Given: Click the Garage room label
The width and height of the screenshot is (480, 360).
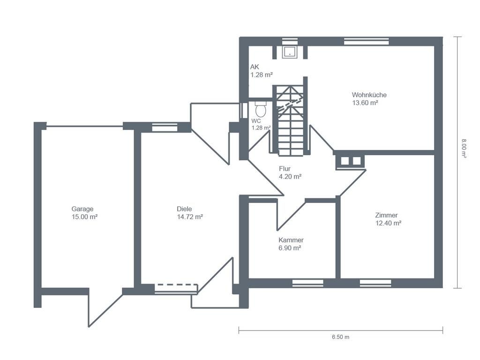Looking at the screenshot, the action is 82,209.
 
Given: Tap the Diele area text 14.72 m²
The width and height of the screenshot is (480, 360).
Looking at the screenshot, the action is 190,217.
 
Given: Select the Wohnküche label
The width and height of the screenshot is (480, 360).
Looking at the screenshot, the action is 369,95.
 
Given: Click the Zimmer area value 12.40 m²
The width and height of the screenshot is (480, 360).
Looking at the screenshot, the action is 388,223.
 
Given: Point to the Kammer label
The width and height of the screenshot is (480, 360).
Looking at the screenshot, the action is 291,240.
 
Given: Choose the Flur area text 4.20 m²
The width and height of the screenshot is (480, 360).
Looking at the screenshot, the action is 290,177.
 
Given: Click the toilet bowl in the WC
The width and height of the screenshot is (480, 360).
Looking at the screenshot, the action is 261,110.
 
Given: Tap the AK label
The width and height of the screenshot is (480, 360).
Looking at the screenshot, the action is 255,67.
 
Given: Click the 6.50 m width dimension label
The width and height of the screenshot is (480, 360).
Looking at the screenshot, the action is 340,337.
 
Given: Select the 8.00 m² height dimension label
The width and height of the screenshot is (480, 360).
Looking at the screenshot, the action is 464,149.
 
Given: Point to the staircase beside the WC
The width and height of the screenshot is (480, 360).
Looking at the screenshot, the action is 290,121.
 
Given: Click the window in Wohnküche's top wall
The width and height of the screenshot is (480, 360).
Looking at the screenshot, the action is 367,41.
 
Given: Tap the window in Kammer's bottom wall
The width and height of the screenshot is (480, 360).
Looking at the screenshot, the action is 307,283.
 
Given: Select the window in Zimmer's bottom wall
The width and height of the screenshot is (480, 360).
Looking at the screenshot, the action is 375,283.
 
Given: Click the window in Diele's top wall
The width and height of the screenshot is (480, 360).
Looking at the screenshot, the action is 165,127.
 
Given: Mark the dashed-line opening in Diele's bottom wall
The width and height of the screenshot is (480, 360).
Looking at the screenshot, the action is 176,289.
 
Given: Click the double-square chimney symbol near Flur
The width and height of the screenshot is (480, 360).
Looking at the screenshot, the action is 351,161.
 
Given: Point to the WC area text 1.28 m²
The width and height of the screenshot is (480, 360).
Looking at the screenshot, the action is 261,128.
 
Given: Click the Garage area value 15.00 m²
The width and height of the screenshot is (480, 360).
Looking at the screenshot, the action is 84,217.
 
